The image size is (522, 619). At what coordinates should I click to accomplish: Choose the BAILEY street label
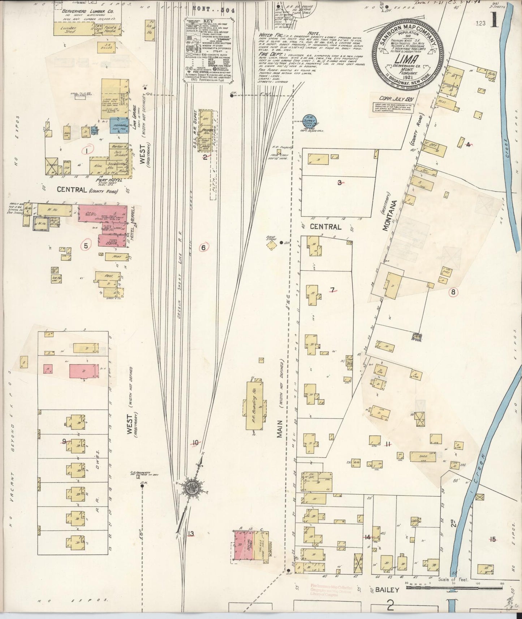click(387, 590)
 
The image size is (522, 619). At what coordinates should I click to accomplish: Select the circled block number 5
click(86, 245)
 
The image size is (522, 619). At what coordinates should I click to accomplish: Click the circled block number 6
click(203, 247)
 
